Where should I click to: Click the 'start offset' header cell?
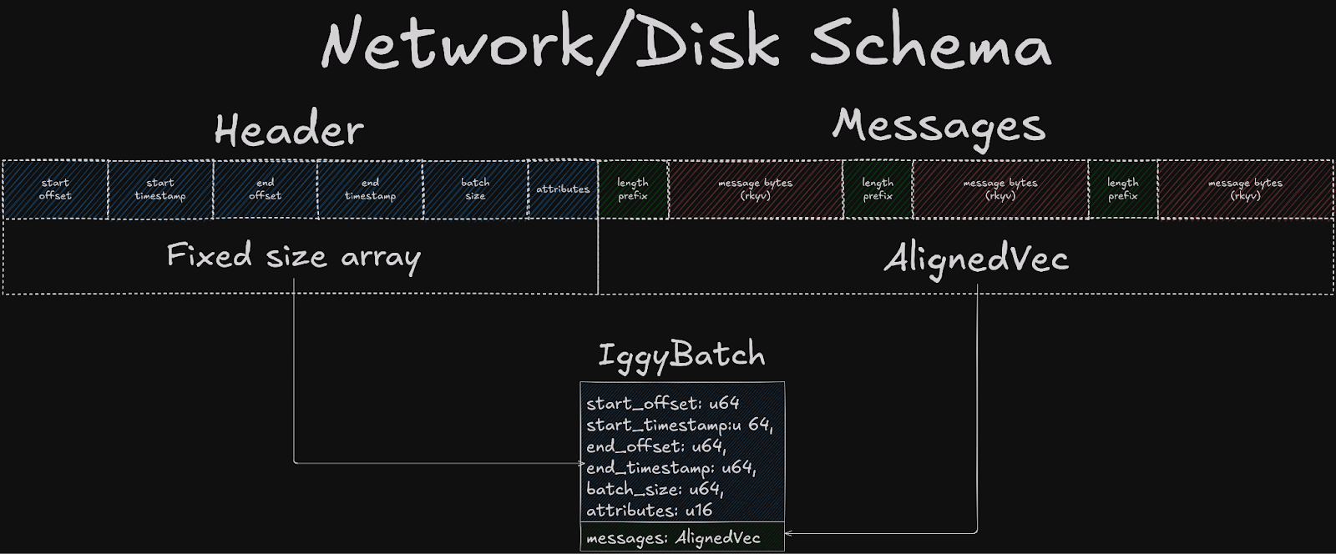[x=55, y=189]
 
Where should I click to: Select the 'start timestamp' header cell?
[x=160, y=189]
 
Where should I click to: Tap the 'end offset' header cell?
[x=265, y=189]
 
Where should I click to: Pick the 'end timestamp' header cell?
[x=370, y=189]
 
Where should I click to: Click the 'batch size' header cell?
[x=475, y=189]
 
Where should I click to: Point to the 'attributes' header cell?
[x=563, y=189]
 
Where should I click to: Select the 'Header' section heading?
[x=289, y=130]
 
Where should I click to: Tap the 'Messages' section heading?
[x=939, y=126]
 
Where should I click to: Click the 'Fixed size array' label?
[x=293, y=255]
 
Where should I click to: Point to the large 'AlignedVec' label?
[x=976, y=259]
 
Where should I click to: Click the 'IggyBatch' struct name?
[x=681, y=355]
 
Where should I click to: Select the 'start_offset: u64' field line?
[x=663, y=404]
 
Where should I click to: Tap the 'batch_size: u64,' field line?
[x=655, y=489]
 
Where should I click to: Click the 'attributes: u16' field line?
[x=649, y=510]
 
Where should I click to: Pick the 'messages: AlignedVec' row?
[x=673, y=538]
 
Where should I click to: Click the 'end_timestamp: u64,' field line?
[x=671, y=468]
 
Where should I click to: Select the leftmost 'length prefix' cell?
[x=633, y=189]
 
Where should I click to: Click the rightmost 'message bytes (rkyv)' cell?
[x=1244, y=189]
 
